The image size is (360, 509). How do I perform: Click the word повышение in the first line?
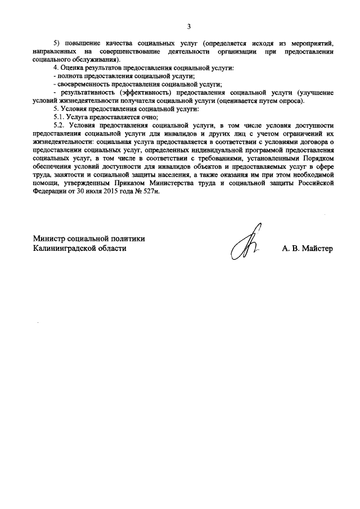click(x=80, y=43)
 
